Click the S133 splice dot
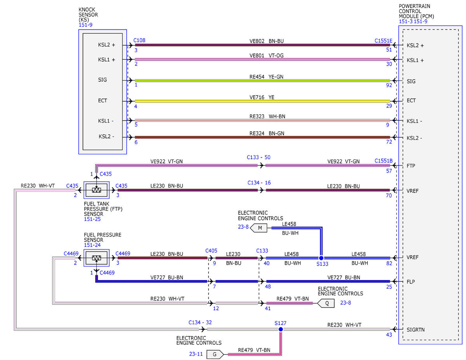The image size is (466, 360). point(321,258)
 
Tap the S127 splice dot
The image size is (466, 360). point(280,329)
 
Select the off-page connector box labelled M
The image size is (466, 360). point(259,228)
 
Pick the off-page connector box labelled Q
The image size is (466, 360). point(326,303)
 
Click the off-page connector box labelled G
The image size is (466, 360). point(215,355)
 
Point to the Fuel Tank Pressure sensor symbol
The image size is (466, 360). point(97,190)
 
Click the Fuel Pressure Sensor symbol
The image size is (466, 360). point(97,258)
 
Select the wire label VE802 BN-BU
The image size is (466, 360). point(266,41)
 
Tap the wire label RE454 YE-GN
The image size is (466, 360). point(266,77)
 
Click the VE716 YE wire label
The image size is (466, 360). point(262,97)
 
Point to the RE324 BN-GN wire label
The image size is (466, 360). point(267,133)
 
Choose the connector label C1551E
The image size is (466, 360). point(383,41)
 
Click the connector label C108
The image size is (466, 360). point(139,40)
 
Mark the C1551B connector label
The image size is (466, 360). point(383,161)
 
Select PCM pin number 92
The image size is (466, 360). point(389,85)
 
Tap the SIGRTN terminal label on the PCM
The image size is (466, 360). point(416,330)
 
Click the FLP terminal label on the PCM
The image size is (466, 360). point(411,282)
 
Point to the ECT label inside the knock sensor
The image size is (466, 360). point(103,101)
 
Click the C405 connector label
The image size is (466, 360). point(211,250)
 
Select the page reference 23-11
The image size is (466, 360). point(196,354)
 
